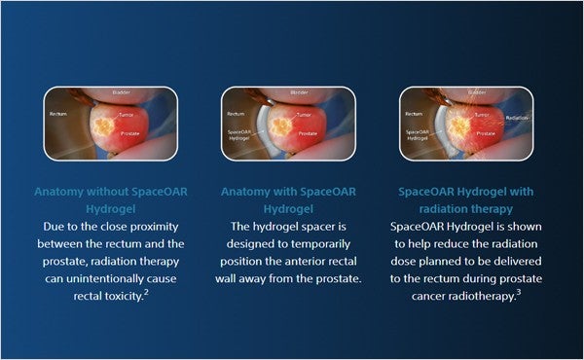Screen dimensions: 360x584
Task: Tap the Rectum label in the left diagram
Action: pos(58,114)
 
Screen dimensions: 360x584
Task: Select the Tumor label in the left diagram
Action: pos(126,114)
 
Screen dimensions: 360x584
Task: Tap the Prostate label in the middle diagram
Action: pos(308,132)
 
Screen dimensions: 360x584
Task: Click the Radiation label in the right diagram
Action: pos(517,118)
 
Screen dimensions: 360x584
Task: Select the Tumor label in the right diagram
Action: pos(483,114)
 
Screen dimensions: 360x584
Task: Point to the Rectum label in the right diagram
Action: pos(416,114)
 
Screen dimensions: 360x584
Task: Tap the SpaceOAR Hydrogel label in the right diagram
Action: pos(419,135)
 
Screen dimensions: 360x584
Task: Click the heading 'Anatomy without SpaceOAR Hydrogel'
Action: pos(110,199)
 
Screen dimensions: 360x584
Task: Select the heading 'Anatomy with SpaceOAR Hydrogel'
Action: pos(291,199)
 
